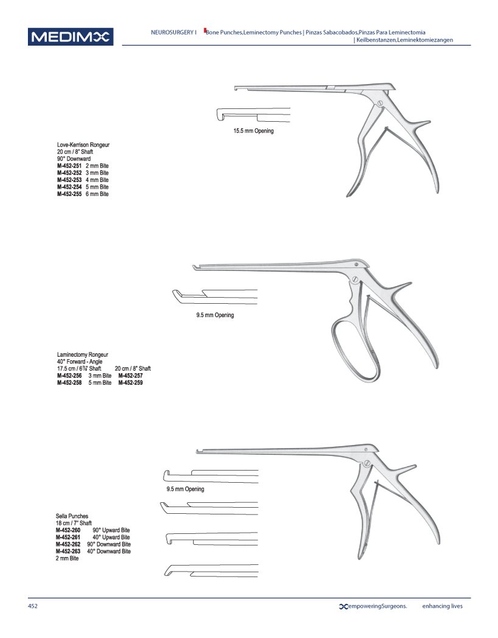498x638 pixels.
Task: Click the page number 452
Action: pyautogui.click(x=33, y=606)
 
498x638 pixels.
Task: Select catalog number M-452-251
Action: pyautogui.click(x=69, y=166)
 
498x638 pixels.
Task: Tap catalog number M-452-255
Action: pyautogui.click(x=69, y=194)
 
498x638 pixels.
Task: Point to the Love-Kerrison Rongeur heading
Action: pyautogui.click(x=83, y=145)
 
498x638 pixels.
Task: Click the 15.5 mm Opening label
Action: pyautogui.click(x=253, y=131)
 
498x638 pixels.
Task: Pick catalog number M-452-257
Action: pyautogui.click(x=131, y=376)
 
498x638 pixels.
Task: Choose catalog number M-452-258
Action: pyautogui.click(x=69, y=383)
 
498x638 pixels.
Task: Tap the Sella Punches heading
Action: pyautogui.click(x=72, y=516)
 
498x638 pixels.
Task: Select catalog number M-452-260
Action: pyautogui.click(x=68, y=530)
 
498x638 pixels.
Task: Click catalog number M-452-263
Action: pyautogui.click(x=68, y=551)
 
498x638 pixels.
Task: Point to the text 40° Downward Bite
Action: pyautogui.click(x=108, y=551)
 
